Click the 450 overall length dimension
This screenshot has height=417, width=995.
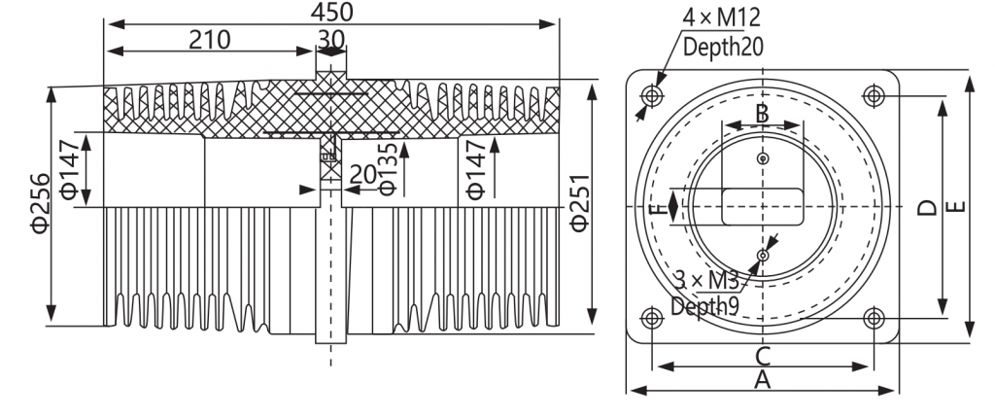tap(332, 11)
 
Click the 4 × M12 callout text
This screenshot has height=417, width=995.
tap(722, 17)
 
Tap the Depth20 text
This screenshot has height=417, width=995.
tap(723, 47)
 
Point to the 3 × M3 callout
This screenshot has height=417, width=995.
tap(705, 280)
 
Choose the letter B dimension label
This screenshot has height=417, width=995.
tap(763, 114)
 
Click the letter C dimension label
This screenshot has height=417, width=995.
tap(763, 357)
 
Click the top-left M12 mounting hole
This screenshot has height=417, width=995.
tap(652, 96)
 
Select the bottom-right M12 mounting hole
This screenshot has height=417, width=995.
tap(874, 317)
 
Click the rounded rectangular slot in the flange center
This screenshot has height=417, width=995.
tap(763, 206)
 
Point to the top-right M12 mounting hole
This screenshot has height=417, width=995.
tap(874, 96)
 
